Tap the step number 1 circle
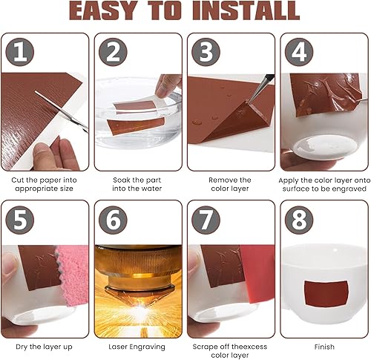(20, 52)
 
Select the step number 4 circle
(299, 52)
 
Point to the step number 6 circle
(113, 220)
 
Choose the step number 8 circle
(299, 220)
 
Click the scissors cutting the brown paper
(62, 111)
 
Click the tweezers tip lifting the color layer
(248, 101)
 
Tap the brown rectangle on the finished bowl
(325, 293)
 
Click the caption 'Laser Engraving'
(137, 347)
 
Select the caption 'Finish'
(324, 347)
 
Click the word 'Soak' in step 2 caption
(121, 180)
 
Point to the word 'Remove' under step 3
(221, 180)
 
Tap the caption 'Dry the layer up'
(44, 347)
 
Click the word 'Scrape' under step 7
(204, 347)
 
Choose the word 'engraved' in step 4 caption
(349, 189)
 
